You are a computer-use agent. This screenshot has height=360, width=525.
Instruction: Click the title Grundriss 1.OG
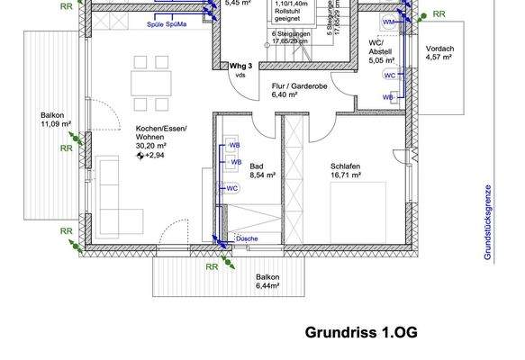(361, 331)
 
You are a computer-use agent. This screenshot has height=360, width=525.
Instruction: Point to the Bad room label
(257, 166)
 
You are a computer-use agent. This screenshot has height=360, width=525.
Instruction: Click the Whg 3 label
(240, 66)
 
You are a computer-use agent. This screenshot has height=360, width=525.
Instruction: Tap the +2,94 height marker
(155, 155)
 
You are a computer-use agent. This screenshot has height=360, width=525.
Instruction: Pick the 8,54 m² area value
(263, 176)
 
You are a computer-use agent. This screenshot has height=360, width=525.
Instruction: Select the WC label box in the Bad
(231, 188)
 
